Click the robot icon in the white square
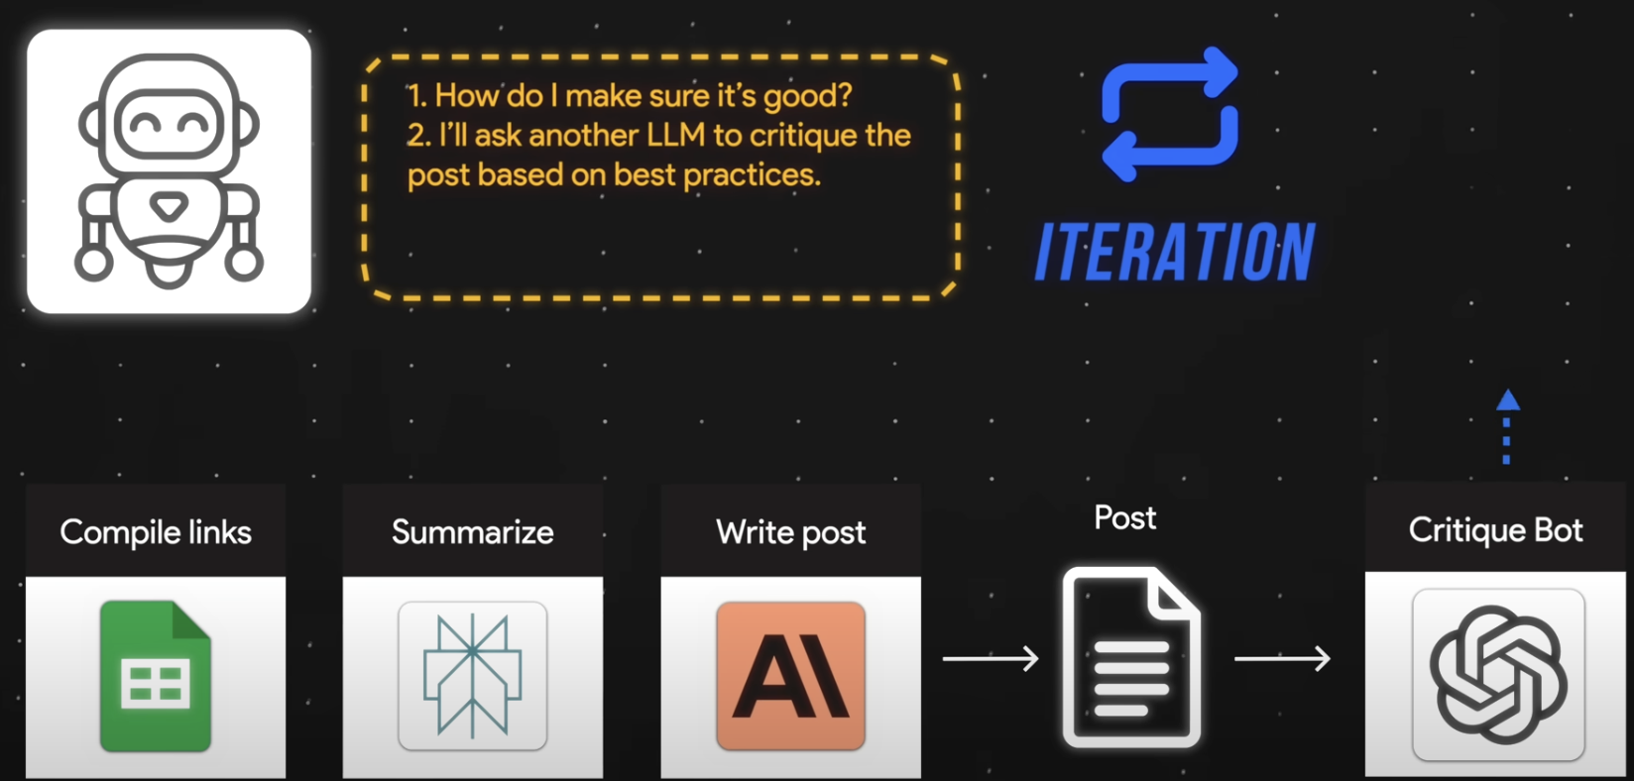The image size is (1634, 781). [x=169, y=170]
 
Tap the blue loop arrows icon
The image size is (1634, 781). [x=1170, y=115]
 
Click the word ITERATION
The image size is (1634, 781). [x=1175, y=252]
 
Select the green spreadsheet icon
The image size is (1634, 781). [x=156, y=676]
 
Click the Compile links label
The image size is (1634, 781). [x=156, y=532]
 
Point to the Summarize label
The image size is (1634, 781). [x=473, y=532]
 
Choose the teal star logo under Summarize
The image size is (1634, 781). [x=473, y=676]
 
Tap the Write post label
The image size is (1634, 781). [x=791, y=532]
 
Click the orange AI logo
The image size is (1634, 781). [x=791, y=676]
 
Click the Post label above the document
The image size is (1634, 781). [x=1124, y=517]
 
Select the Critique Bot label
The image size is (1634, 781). [x=1495, y=530]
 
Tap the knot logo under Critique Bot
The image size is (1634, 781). [x=1498, y=675]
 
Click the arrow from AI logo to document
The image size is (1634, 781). [x=991, y=658]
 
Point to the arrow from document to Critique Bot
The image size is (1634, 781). [x=1282, y=658]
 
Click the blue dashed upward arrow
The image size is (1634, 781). [x=1507, y=426]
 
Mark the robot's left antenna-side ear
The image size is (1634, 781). [x=91, y=126]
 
